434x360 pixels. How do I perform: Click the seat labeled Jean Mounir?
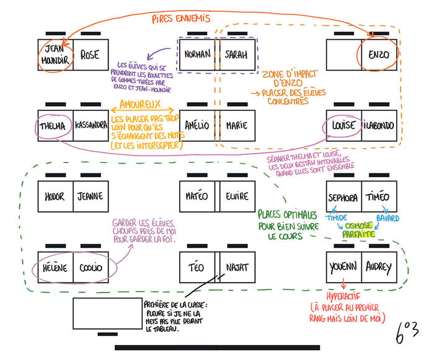(x=55, y=55)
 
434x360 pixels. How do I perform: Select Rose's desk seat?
(x=91, y=55)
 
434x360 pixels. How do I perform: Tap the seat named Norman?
(x=197, y=55)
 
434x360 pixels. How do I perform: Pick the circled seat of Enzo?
(x=379, y=55)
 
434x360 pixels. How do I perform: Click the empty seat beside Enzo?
(x=343, y=55)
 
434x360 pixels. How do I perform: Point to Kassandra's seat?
(x=91, y=126)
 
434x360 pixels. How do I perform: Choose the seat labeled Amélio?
(x=197, y=126)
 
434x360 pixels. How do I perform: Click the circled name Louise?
(x=343, y=126)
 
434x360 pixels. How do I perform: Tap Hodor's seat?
(x=55, y=197)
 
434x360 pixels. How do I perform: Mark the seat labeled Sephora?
(x=343, y=198)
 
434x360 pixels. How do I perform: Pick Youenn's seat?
(x=343, y=268)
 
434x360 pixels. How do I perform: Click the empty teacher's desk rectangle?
(x=107, y=314)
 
